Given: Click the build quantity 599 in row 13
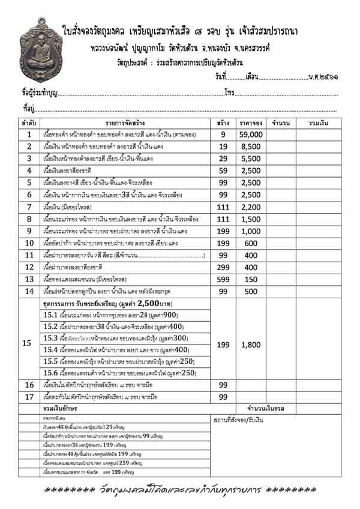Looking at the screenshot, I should click(223, 279).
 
